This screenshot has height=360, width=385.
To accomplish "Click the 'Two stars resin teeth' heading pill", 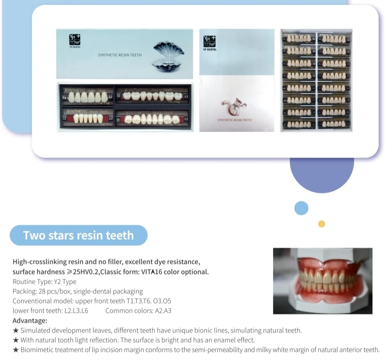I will point(79,235).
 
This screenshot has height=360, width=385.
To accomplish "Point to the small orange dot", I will point(321,224).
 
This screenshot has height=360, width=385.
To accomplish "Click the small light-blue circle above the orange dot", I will point(301,208).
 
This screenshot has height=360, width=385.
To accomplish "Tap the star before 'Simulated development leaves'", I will point(16,330).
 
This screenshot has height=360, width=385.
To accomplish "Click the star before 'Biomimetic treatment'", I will point(16,350).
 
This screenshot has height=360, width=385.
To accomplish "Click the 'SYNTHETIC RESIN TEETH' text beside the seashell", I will point(119,55).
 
